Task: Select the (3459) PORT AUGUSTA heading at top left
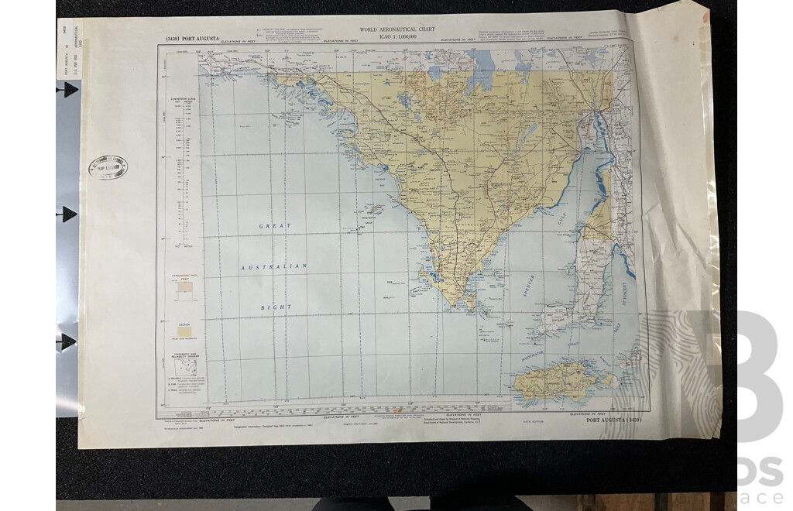(194, 39)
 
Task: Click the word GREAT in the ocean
(276, 226)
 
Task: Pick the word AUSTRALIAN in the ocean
(275, 266)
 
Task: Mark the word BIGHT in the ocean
(276, 307)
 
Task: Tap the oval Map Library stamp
(108, 167)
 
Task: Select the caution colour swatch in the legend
(185, 329)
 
